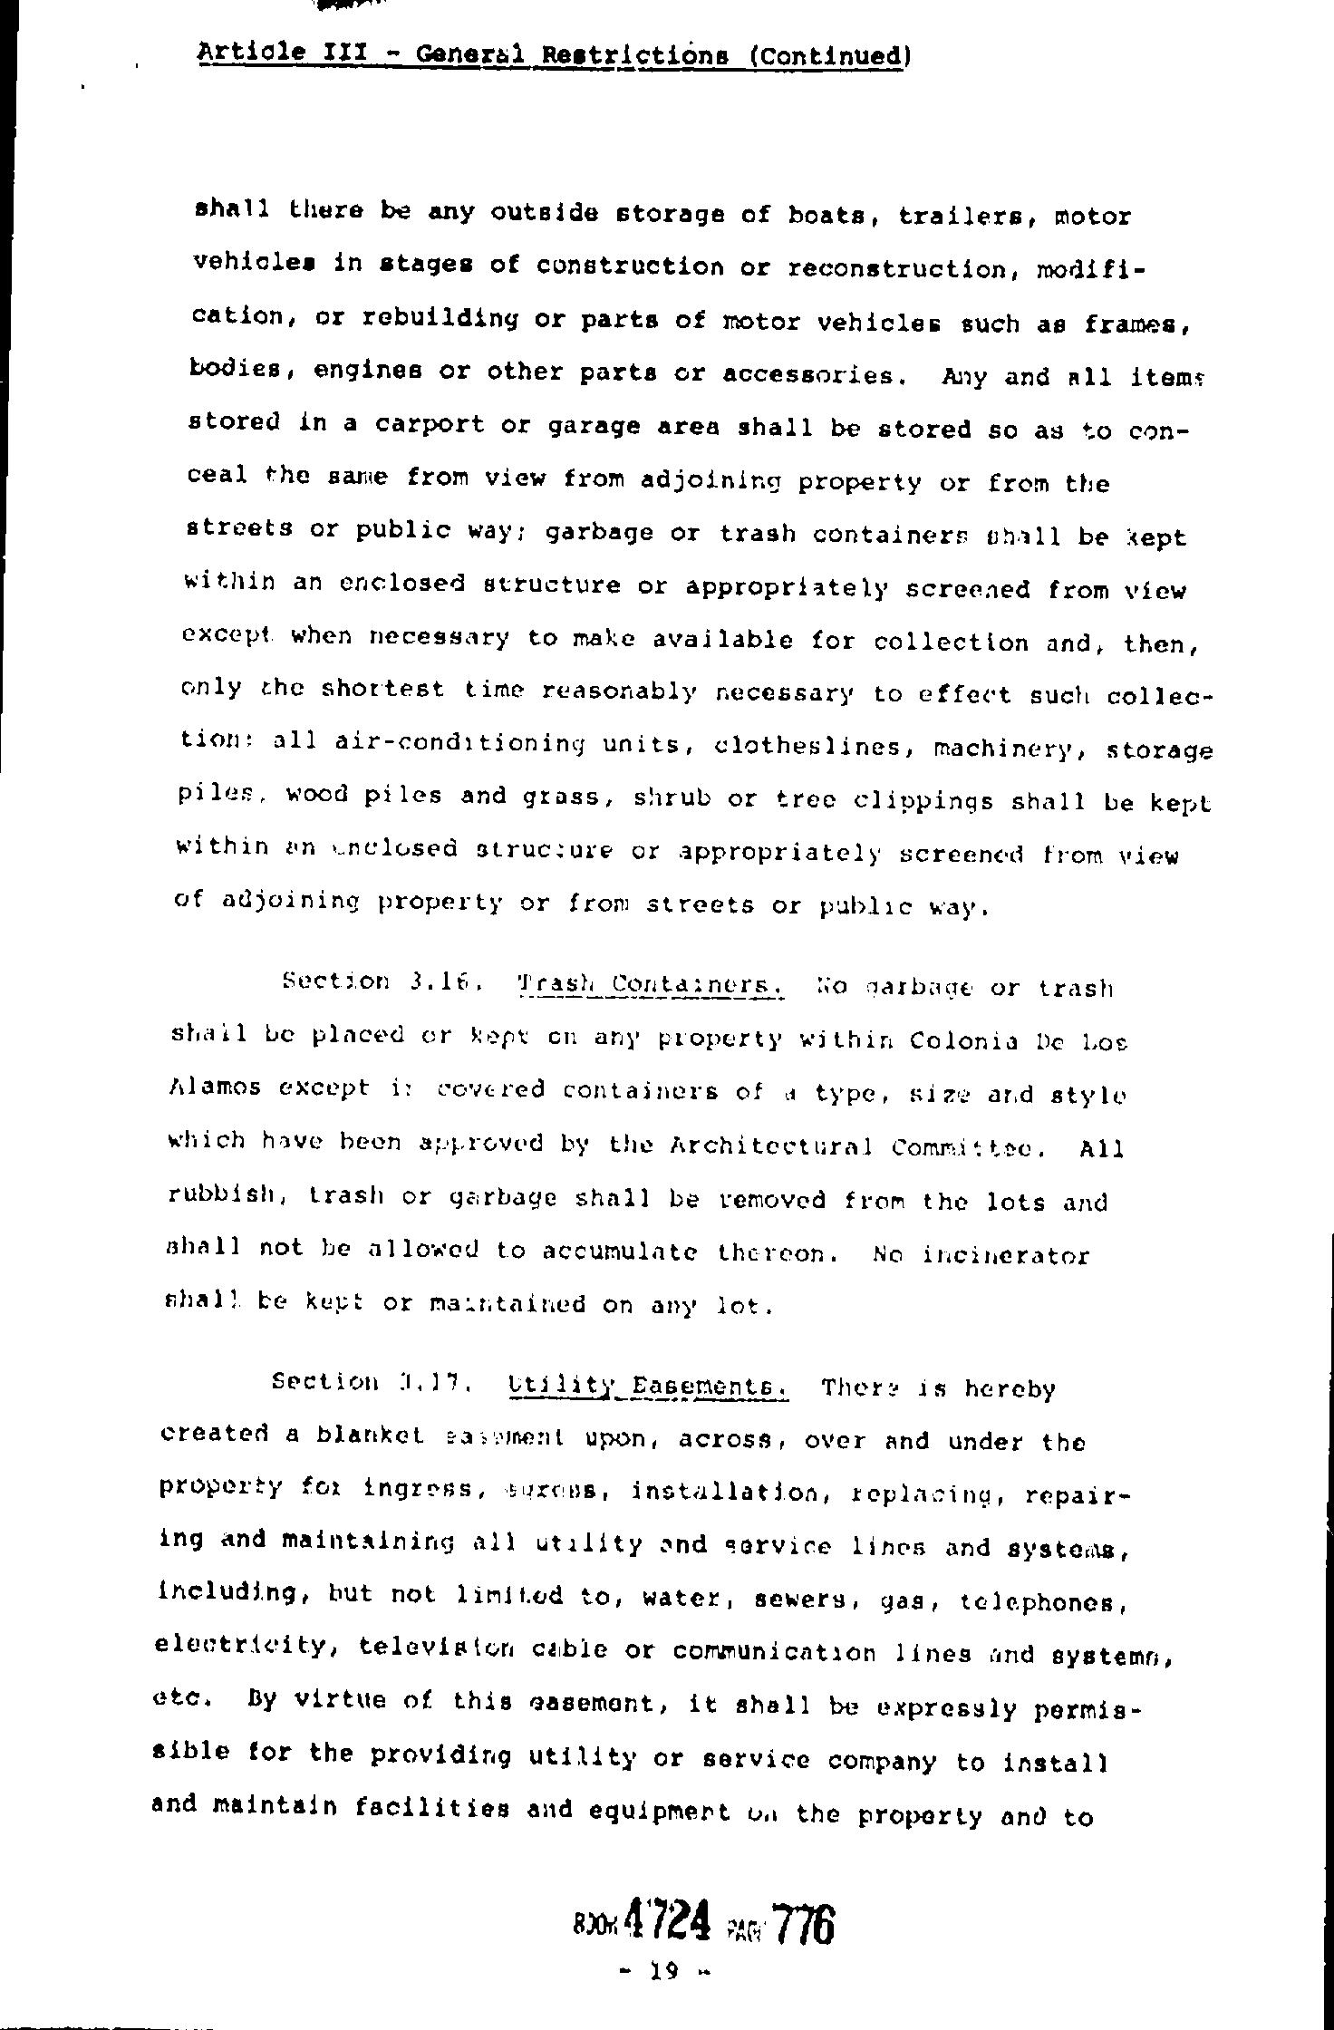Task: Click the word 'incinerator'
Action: [x=1006, y=1255]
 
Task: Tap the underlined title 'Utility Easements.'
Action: [x=649, y=1387]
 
